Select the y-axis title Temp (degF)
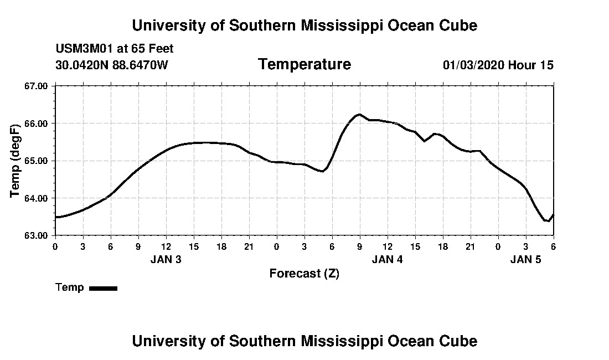pos(16,161)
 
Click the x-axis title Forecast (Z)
pos(304,273)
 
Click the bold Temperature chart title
pos(304,65)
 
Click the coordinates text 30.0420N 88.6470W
pos(111,65)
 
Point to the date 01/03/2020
pos(473,65)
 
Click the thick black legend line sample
pos(103,288)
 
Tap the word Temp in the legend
pos(70,287)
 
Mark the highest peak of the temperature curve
pos(359,115)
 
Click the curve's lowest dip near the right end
pos(548,220)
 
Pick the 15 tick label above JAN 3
pos(193,246)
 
